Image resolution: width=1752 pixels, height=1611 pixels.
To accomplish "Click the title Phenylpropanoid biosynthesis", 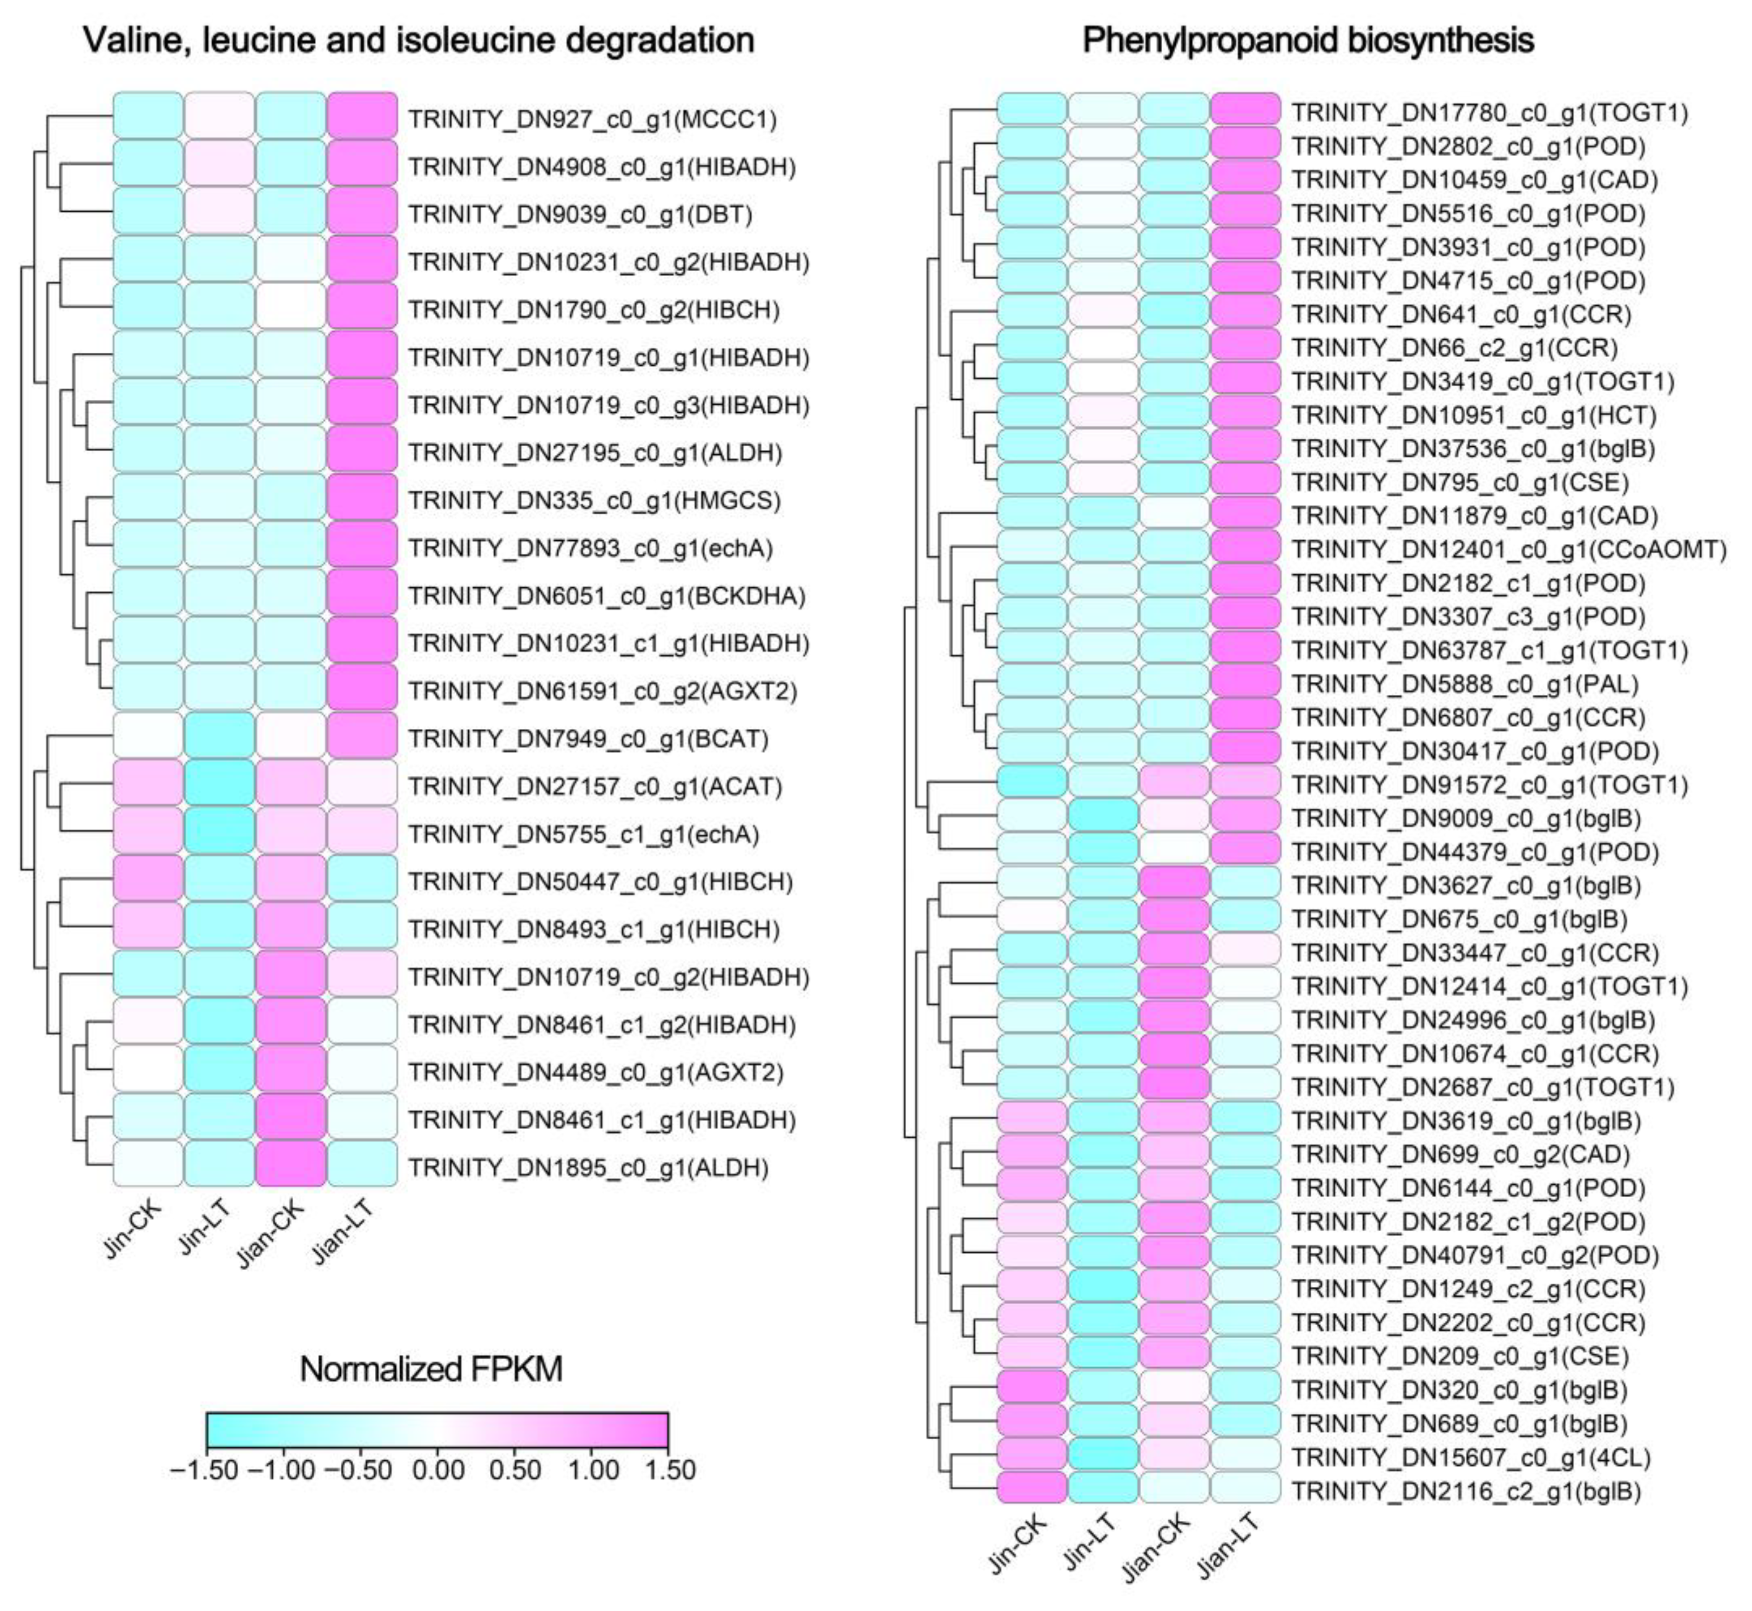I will click(1308, 40).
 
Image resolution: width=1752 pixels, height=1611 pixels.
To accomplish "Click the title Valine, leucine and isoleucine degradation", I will click(419, 40).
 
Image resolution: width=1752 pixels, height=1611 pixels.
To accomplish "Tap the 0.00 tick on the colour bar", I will click(437, 1470).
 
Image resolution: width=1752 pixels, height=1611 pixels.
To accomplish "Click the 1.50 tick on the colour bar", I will click(668, 1470).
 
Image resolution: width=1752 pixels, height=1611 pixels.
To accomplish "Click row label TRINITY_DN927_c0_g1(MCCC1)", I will click(592, 118).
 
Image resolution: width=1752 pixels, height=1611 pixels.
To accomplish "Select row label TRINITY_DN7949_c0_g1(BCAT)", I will click(588, 739).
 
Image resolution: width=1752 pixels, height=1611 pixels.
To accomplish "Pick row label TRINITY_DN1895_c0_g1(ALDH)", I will click(588, 1167).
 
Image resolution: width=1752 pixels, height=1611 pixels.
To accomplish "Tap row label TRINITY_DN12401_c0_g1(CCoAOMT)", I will click(1508, 549).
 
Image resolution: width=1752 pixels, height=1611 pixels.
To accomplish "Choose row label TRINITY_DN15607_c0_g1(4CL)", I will click(1471, 1456).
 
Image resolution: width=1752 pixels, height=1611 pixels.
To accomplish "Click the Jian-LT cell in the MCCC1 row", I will click(362, 117).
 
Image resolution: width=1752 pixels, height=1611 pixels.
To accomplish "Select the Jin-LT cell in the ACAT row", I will click(220, 786).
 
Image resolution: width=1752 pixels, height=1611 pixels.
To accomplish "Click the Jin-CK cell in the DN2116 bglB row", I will click(1032, 1490).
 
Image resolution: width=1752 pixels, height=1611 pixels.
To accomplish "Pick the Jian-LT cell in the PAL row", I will click(1245, 683).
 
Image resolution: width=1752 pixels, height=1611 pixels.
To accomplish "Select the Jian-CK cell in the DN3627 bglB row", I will click(1174, 885).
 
